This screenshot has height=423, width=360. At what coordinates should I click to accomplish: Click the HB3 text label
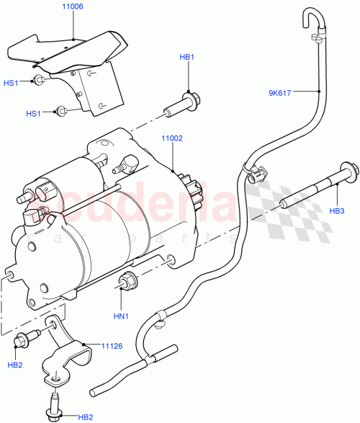click(338, 210)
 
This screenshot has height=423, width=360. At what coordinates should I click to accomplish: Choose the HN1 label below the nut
click(121, 314)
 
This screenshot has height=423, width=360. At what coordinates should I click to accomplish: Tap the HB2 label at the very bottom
click(86, 417)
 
